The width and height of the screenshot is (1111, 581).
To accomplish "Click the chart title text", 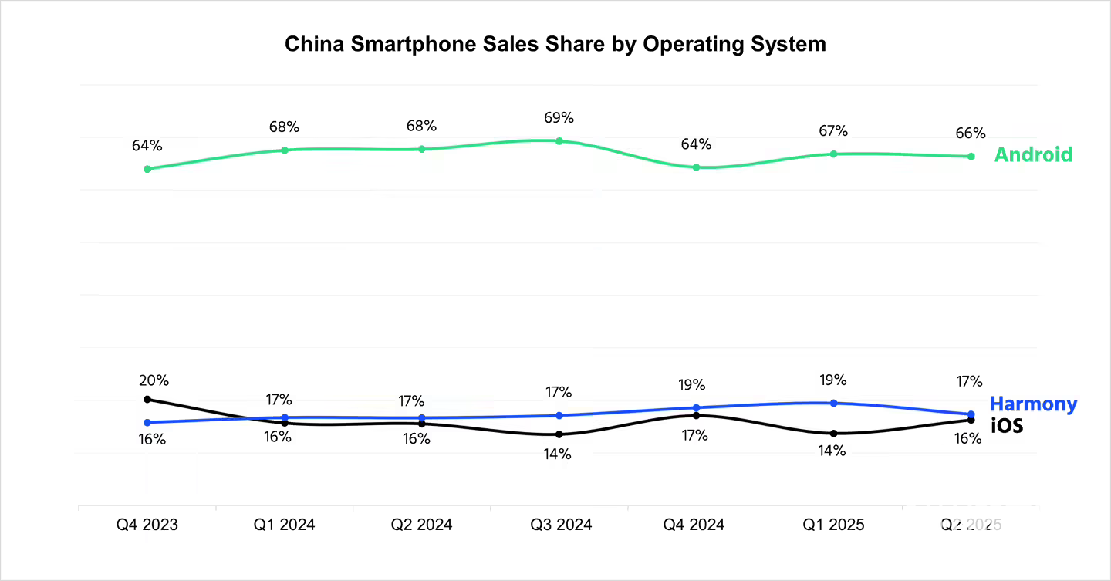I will (555, 44).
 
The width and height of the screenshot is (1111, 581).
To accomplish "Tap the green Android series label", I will (1033, 154).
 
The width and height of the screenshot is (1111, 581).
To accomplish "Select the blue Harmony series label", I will (1033, 404).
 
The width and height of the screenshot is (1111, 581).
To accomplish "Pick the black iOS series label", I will (1007, 424).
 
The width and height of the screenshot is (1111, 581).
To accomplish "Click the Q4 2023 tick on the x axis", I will (147, 525).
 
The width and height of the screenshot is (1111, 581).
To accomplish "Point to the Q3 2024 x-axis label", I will (561, 525).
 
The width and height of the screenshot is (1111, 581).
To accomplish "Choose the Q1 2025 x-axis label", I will (833, 525).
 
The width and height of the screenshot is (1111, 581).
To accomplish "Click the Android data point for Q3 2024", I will (559, 141).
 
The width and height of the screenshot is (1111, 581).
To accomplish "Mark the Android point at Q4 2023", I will (147, 168).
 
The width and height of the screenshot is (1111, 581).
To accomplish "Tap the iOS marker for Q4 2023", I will (147, 399).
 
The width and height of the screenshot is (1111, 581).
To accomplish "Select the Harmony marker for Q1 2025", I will (833, 403).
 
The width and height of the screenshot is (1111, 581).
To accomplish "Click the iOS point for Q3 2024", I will (559, 434).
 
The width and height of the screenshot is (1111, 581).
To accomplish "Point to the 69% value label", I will (559, 118).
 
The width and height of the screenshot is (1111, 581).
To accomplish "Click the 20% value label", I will (154, 380).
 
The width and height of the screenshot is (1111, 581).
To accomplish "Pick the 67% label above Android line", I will (833, 132).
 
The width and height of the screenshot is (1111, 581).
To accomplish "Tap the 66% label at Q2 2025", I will (970, 133).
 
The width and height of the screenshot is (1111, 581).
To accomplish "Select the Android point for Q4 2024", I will (696, 167).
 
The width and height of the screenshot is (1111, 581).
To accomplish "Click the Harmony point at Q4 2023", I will (147, 422).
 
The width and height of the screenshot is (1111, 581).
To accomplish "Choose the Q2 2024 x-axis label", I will (421, 525).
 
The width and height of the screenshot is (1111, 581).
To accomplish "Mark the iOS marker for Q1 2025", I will (833, 433).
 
